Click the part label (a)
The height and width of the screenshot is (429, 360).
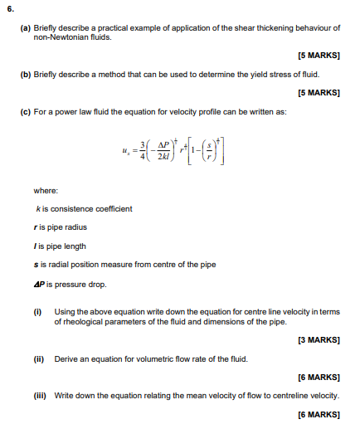25,27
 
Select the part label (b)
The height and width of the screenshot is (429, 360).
25,74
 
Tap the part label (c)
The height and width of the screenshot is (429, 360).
25,110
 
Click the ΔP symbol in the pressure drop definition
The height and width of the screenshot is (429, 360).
38,284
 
